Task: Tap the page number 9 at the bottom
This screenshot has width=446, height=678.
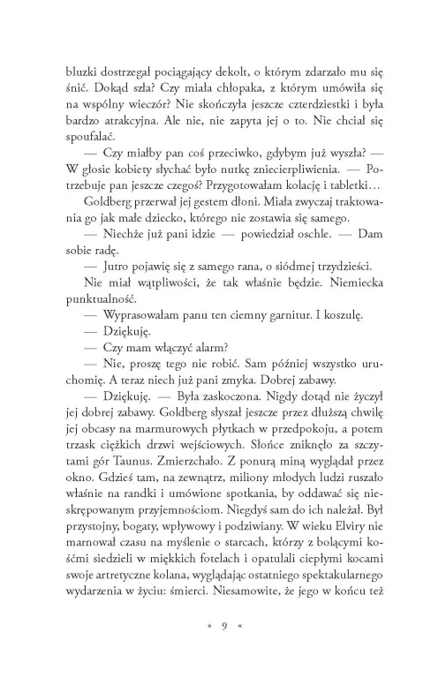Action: (x=224, y=652)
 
